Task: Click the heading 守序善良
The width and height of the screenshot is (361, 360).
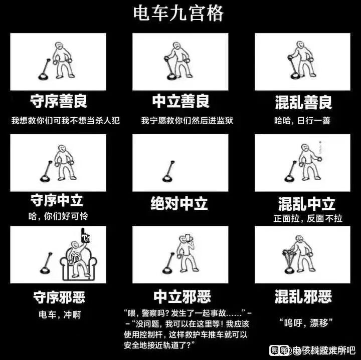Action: [x=59, y=102]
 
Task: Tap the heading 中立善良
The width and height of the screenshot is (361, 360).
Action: [x=180, y=102]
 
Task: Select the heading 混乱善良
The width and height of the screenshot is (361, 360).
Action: [x=303, y=103]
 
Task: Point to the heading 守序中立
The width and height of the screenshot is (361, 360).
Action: [x=56, y=201]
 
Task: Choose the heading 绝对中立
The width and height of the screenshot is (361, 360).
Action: [x=179, y=204]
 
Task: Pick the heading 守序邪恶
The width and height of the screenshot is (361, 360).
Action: [x=59, y=297]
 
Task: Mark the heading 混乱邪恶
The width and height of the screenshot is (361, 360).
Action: [x=303, y=296]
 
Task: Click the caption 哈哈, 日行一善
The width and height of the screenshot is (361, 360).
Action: [x=302, y=121]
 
